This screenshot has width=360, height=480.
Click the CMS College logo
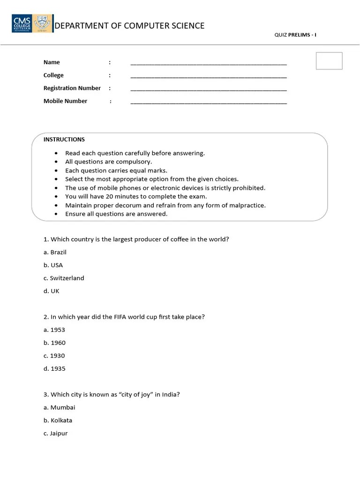tap(32, 23)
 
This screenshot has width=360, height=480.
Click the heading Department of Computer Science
tap(130, 26)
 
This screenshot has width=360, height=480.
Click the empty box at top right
tap(329, 61)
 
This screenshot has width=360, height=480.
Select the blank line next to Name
tap(208, 63)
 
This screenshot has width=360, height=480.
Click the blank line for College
tap(208, 76)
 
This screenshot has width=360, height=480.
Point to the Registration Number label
tap(72, 88)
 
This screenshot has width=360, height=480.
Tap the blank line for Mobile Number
tap(208, 102)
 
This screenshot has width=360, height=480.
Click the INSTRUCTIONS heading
tap(64, 140)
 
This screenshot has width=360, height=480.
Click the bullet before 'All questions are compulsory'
tap(56, 162)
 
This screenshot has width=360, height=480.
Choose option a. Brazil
tap(55, 252)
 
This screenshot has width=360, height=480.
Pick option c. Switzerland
tap(64, 278)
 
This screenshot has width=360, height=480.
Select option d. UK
tap(52, 291)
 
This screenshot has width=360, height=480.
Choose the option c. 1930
tap(54, 356)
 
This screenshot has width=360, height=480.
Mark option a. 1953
tap(54, 330)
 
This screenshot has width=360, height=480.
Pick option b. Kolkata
tap(58, 420)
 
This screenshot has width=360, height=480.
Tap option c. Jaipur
tap(56, 434)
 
